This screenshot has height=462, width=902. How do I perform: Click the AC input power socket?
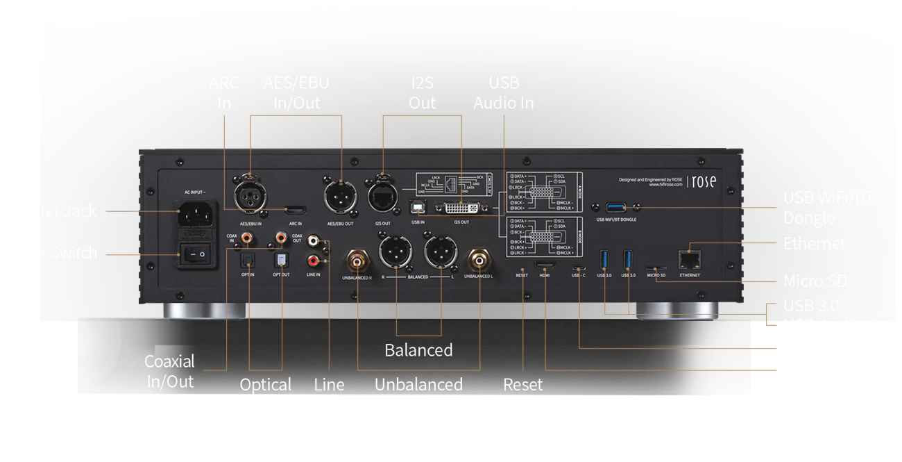(196, 213)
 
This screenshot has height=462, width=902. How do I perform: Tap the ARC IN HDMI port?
(295, 209)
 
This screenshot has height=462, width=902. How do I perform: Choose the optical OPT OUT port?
(282, 260)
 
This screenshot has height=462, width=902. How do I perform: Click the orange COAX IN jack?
(246, 239)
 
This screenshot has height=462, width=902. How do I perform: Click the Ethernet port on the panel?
(690, 259)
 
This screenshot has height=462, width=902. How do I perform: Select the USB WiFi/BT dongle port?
(615, 207)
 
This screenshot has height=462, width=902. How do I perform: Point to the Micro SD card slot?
(655, 267)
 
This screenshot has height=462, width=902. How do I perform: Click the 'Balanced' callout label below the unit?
(418, 350)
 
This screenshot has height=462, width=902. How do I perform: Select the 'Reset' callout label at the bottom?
(522, 385)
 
